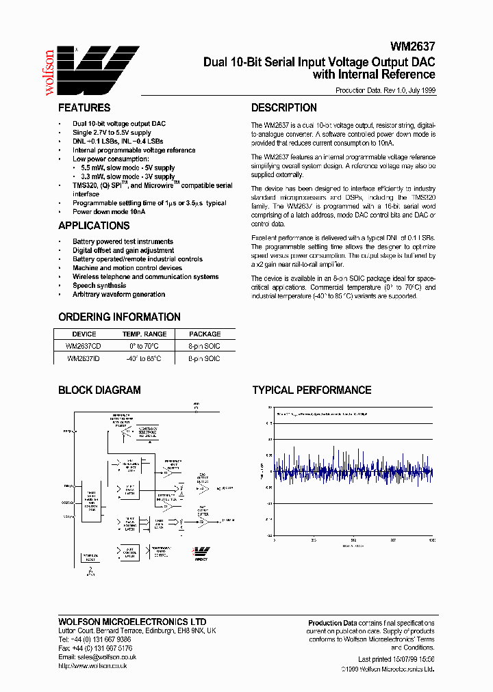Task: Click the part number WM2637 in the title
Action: click(x=413, y=48)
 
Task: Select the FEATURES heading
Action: click(x=84, y=108)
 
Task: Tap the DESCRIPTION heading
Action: click(x=283, y=108)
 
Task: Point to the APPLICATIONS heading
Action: click(x=94, y=226)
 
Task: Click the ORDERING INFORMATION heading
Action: click(x=119, y=317)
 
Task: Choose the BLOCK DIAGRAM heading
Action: click(x=99, y=390)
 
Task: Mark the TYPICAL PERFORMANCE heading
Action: click(x=312, y=390)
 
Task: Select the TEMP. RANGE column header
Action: click(x=144, y=334)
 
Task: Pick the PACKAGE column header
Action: click(x=205, y=334)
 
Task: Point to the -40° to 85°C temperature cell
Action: click(x=144, y=358)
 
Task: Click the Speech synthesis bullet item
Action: click(x=99, y=286)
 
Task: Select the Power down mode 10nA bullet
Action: click(x=109, y=212)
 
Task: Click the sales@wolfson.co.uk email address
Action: click(x=97, y=656)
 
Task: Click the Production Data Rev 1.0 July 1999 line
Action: click(x=385, y=90)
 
